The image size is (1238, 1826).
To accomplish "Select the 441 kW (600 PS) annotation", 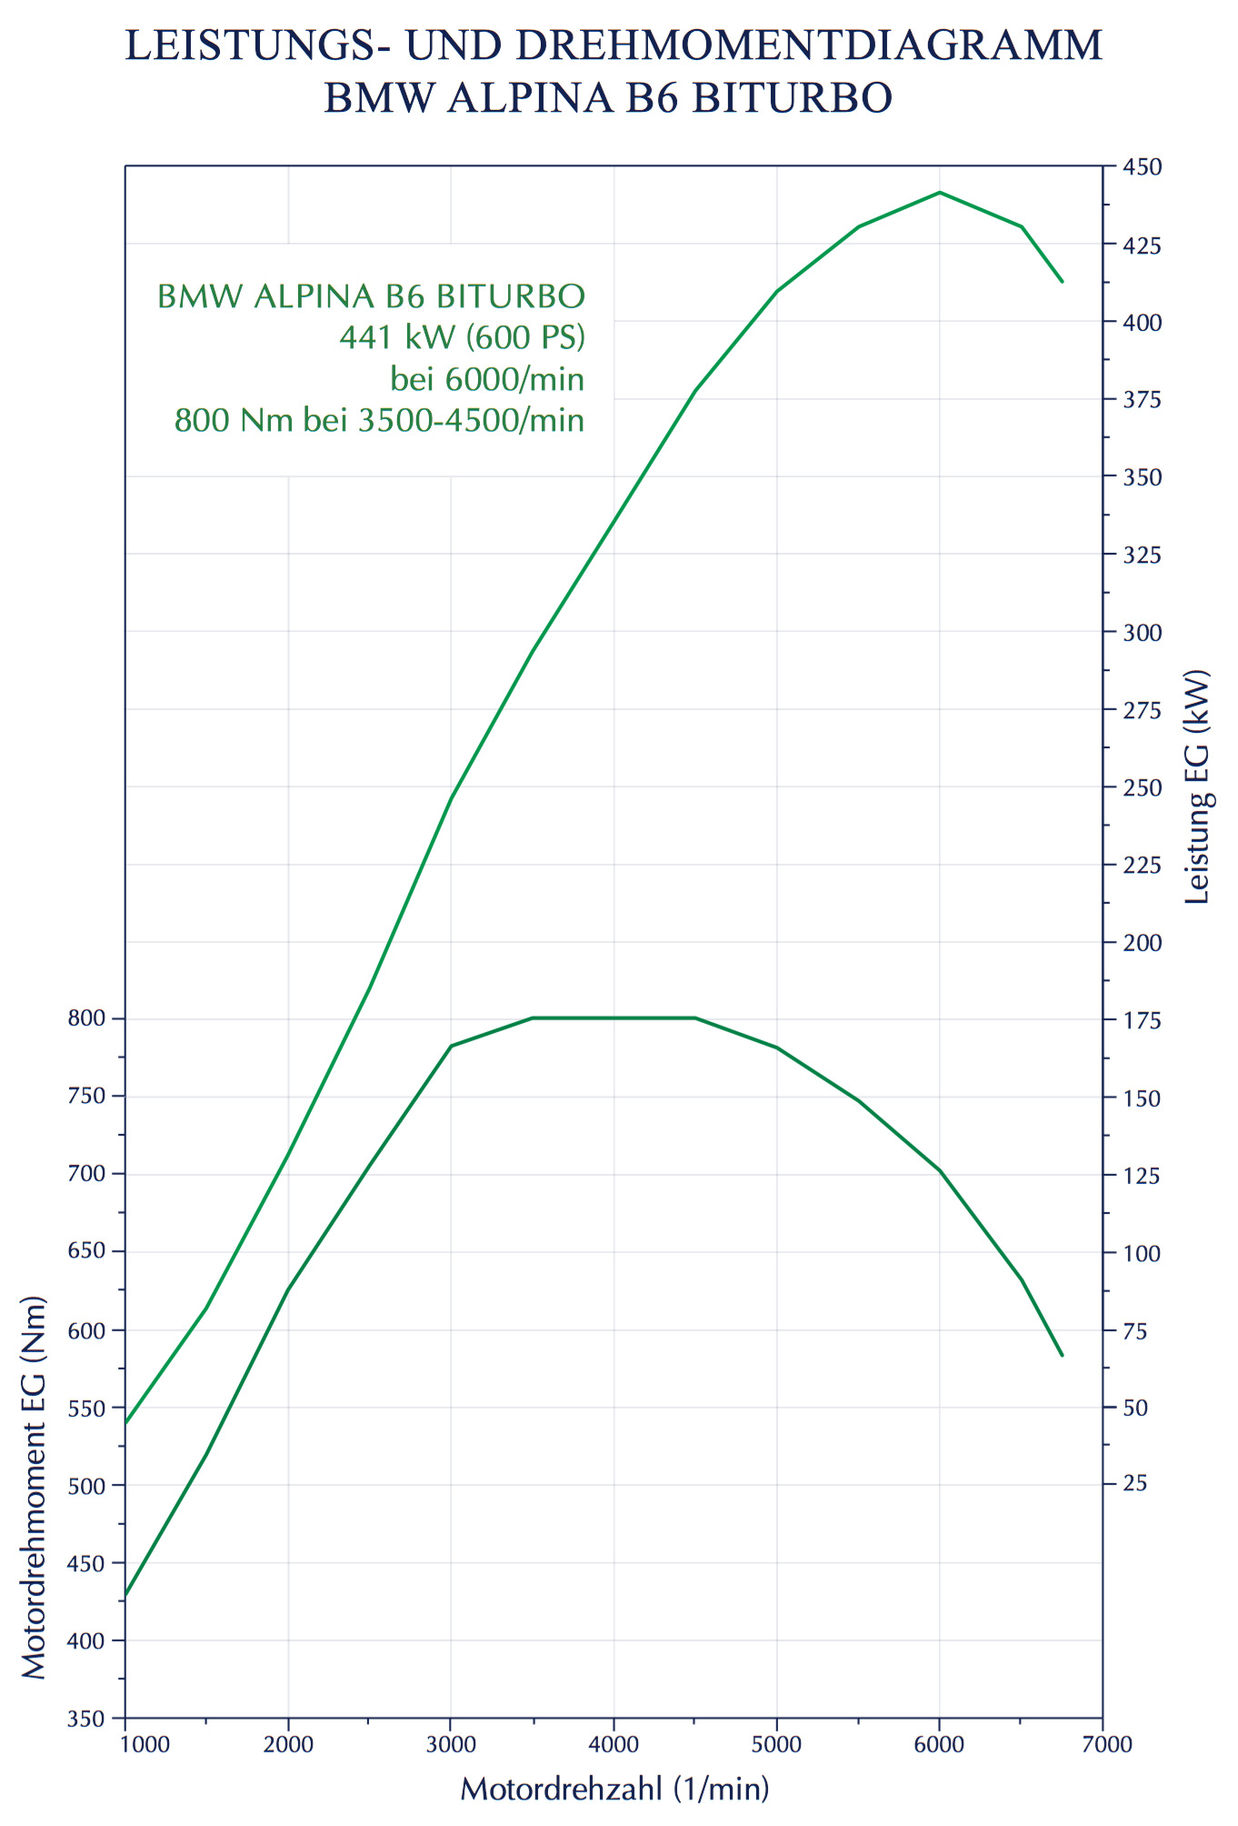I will tap(462, 337).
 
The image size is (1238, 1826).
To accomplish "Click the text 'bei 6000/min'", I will tap(487, 378).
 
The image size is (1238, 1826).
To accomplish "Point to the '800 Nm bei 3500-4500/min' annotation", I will tap(379, 420).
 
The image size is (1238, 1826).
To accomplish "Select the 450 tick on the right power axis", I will tap(1142, 167).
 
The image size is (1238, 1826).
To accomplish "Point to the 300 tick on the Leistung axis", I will tap(1142, 633).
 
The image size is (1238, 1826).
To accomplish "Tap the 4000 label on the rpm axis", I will tap(614, 1743).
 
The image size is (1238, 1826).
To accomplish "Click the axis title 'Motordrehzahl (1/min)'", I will tap(614, 1789).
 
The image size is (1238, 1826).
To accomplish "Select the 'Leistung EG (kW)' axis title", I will tap(1198, 787).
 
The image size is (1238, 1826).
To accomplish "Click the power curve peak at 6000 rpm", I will tap(939, 193).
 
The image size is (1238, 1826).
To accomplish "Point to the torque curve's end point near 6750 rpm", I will tap(1062, 1355).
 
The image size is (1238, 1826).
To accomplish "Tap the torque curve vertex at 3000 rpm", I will tap(451, 1046).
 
